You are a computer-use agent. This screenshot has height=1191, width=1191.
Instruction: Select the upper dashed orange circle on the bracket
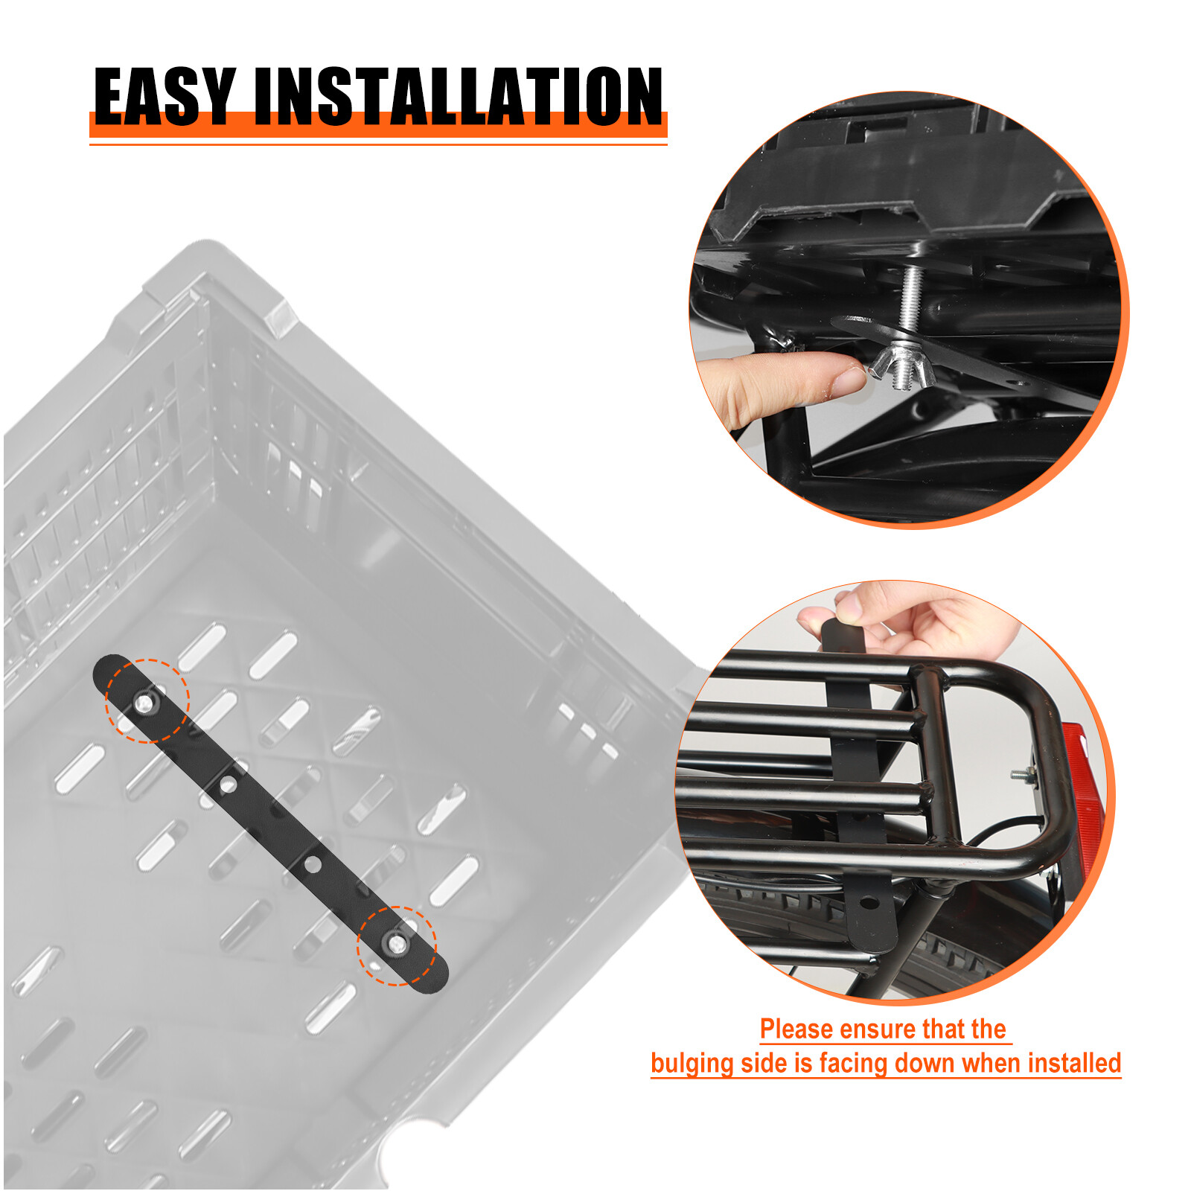[x=147, y=700]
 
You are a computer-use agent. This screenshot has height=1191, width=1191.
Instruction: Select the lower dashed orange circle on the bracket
[x=397, y=945]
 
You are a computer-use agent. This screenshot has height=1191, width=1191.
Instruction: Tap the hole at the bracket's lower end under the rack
[x=868, y=903]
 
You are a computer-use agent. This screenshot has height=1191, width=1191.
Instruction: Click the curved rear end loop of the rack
[x=1042, y=744]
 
